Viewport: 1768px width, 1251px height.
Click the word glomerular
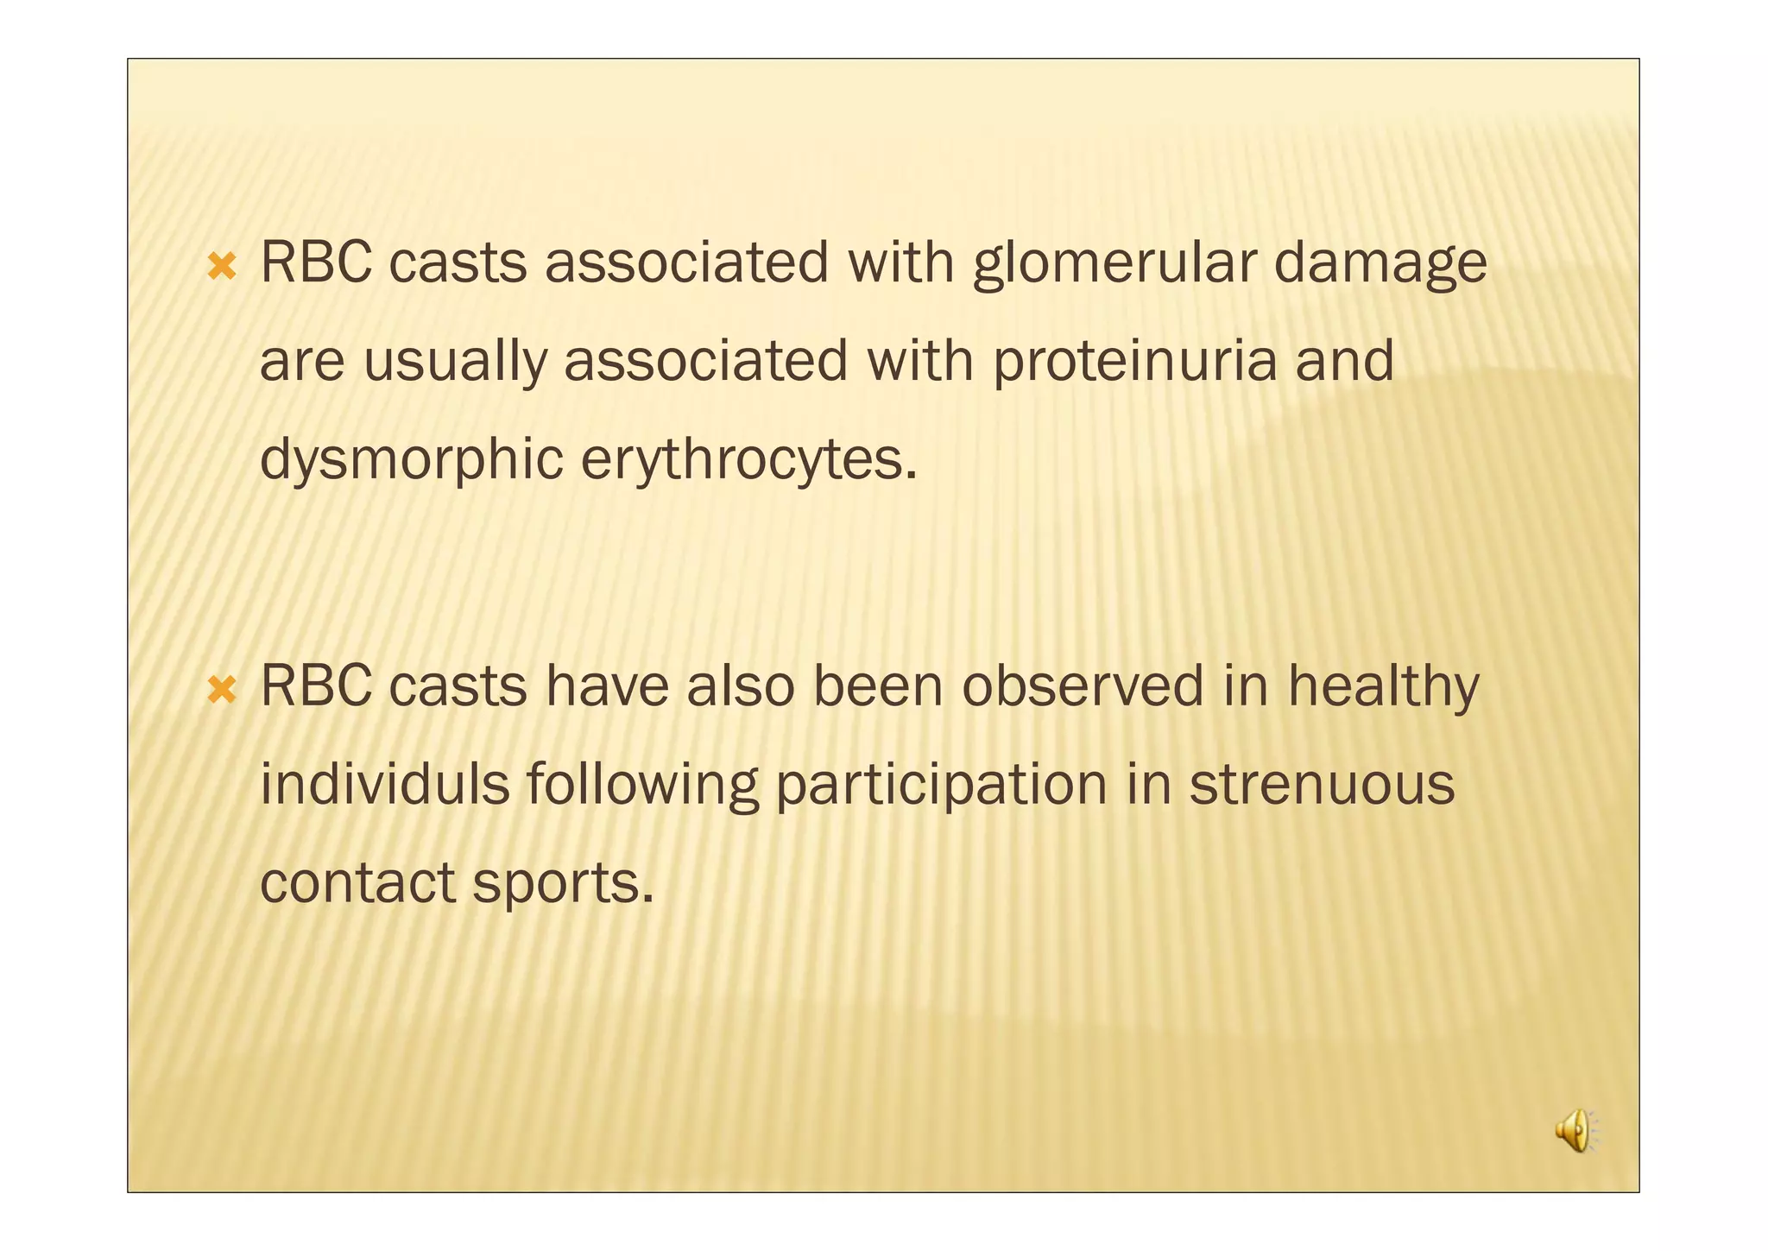(1114, 263)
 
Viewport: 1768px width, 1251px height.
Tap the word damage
(1380, 263)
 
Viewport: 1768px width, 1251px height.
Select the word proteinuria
(1134, 361)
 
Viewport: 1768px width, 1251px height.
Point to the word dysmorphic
(411, 458)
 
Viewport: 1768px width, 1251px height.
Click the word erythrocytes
(748, 458)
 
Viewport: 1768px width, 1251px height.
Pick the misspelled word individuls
(384, 784)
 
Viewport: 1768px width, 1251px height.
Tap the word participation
(941, 784)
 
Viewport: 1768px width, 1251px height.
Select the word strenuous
(1322, 784)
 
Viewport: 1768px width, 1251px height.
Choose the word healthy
(1383, 686)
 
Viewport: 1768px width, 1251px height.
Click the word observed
(1083, 686)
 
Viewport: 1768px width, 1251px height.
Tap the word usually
(455, 361)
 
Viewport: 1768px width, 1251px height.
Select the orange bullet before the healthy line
(222, 690)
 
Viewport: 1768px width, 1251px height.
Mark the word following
(642, 784)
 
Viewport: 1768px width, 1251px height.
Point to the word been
(878, 686)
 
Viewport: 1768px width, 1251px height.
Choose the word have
(607, 686)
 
